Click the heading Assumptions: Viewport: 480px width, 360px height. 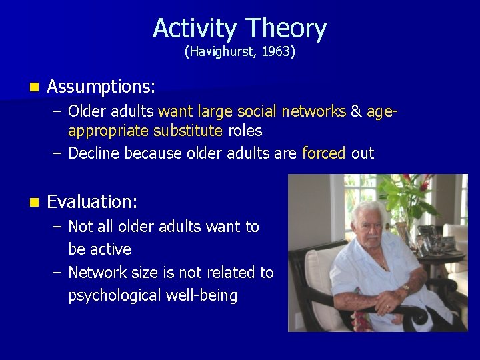pyautogui.click(x=101, y=87)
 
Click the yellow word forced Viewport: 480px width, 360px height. pyautogui.click(x=324, y=153)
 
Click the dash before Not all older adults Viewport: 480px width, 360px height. pyautogui.click(x=56, y=227)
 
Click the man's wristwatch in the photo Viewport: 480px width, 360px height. pyautogui.click(x=406, y=288)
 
